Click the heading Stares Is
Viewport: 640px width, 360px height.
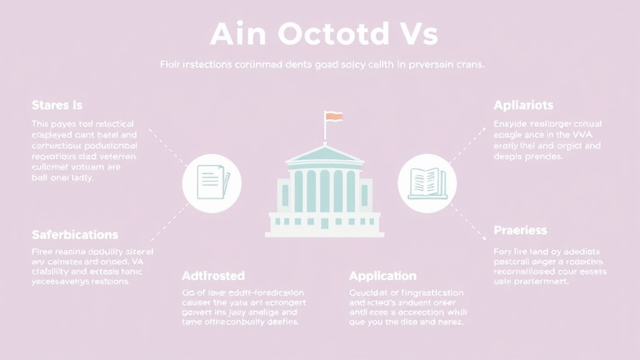tap(57, 105)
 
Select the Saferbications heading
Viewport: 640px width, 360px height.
tap(75, 235)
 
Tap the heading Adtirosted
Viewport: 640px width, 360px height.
tap(213, 276)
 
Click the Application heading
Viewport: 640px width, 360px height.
tap(382, 276)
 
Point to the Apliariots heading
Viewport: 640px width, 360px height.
tap(523, 105)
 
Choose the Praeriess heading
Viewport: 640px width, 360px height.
tap(520, 231)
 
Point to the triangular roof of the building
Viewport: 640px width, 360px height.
tap(324, 154)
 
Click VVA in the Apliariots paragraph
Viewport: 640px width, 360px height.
tap(579, 134)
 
